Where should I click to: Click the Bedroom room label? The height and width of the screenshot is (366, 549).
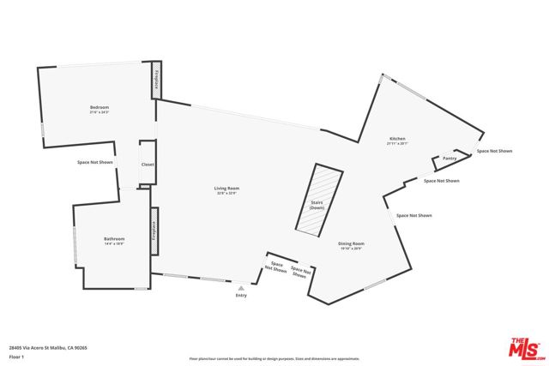100,107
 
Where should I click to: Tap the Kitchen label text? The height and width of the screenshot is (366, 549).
397,139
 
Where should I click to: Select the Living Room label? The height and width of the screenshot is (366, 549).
227,188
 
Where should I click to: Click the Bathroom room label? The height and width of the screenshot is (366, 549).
115,238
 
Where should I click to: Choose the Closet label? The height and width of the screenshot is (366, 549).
148,164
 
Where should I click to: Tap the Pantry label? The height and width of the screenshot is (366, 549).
449,159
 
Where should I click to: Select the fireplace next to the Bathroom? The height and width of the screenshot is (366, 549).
154,231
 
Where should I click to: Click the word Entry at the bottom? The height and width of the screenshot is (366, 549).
241,296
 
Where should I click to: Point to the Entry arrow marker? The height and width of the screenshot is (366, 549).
241,289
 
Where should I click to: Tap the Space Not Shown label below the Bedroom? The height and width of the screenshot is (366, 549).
94,162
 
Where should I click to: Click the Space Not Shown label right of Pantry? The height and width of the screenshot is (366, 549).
495,151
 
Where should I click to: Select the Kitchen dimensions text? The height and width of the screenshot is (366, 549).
397,143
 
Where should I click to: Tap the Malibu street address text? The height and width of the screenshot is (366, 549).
48,347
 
